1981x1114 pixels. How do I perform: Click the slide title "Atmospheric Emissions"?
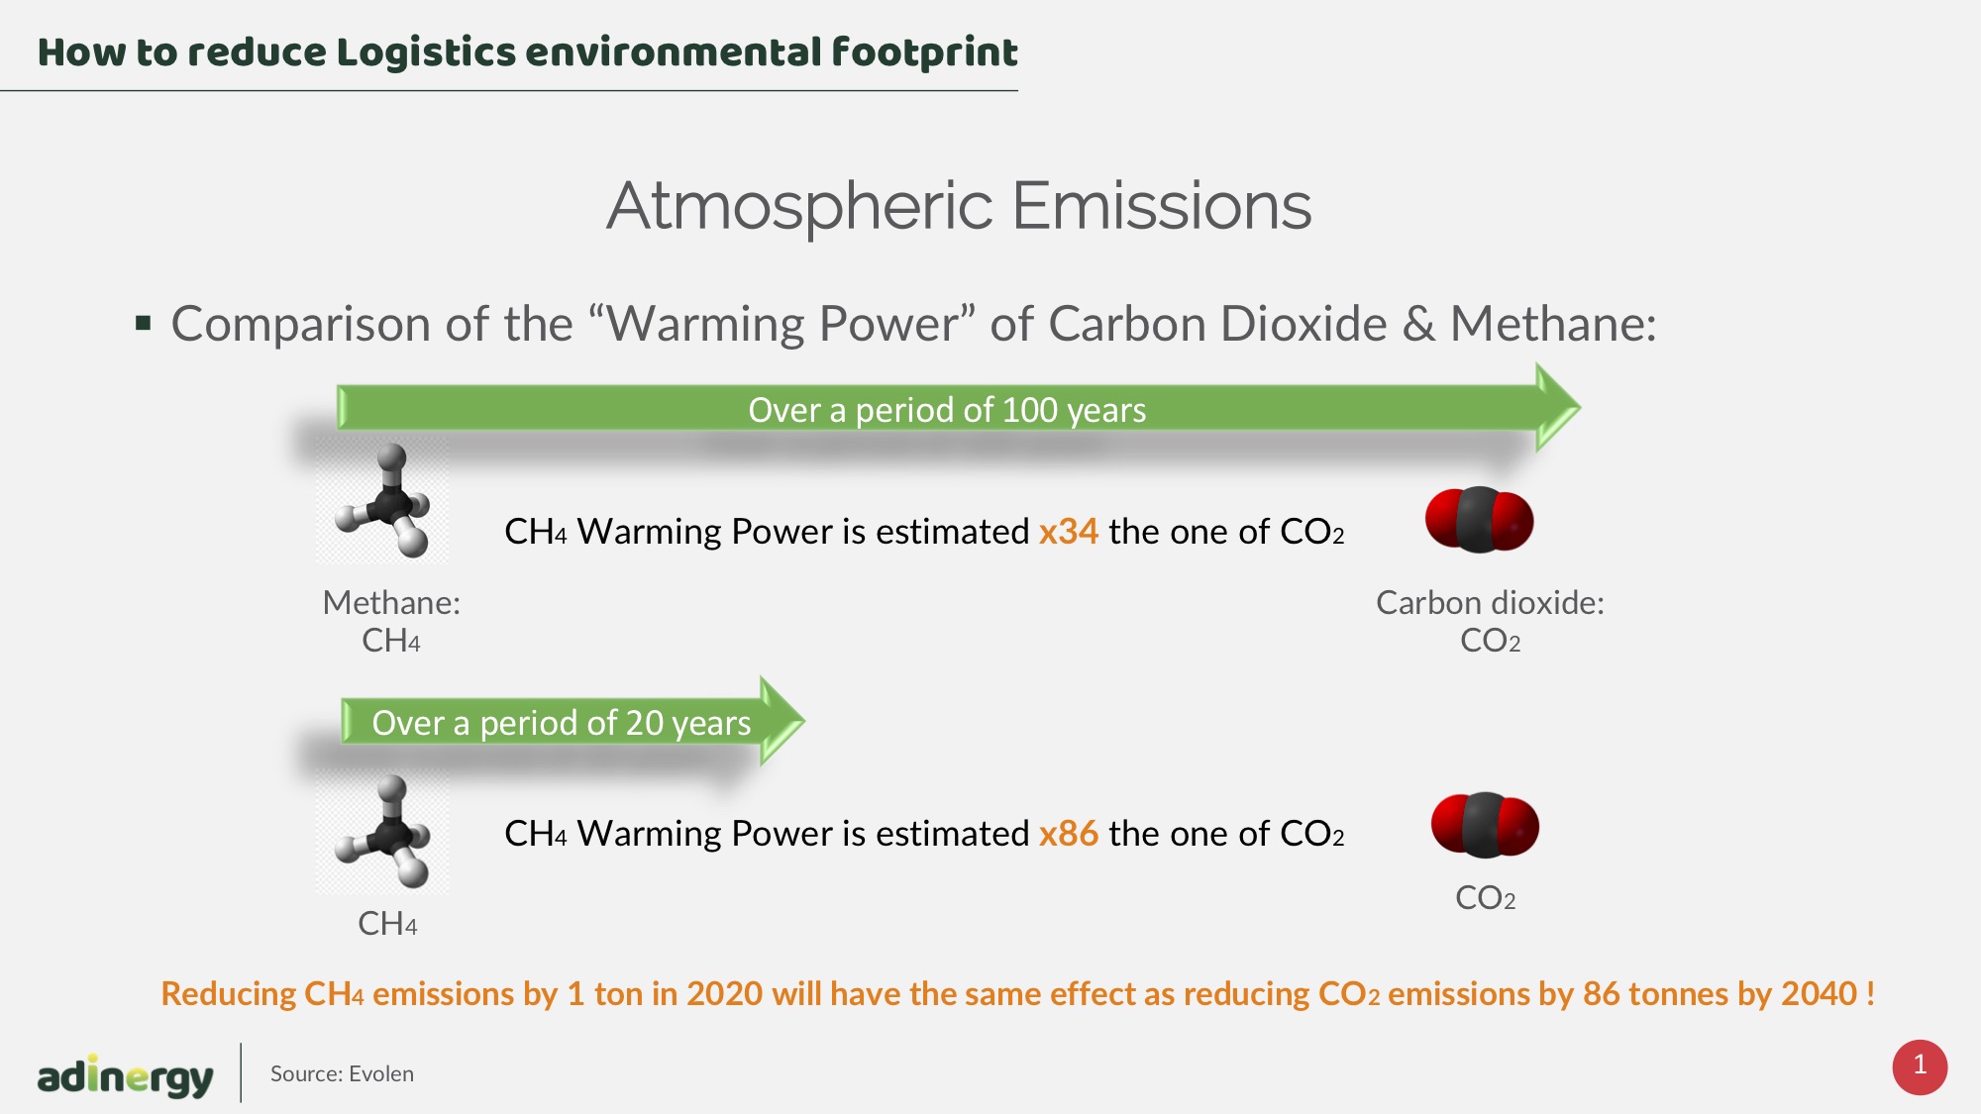tap(959, 206)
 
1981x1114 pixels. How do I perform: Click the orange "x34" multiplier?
tap(1068, 532)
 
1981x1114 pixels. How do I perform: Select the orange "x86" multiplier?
tap(1068, 834)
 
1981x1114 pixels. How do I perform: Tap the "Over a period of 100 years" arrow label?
tap(947, 410)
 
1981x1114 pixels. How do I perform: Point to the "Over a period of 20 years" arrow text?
tap(562, 723)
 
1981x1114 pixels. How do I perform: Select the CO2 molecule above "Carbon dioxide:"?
tap(1479, 520)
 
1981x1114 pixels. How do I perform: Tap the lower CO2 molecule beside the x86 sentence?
tap(1485, 825)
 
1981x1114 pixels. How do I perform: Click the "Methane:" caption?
tap(391, 602)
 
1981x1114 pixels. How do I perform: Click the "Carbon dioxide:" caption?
tap(1490, 602)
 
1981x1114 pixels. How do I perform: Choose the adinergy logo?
tap(125, 1074)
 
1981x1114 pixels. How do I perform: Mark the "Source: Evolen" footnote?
tap(342, 1073)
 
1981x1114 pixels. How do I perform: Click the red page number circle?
tap(1920, 1066)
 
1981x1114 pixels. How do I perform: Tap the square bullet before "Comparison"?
tap(144, 323)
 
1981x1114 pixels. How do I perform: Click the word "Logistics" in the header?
tap(426, 52)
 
